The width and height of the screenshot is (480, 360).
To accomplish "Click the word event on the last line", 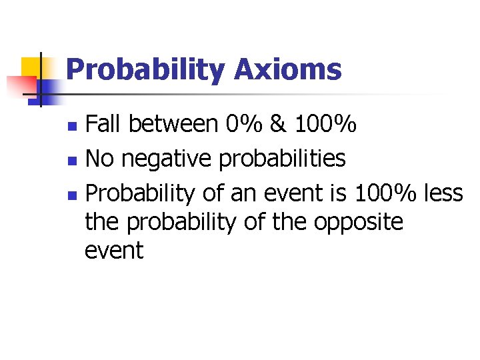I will pos(114,251).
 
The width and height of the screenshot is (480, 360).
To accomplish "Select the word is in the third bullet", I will pos(339,193).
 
